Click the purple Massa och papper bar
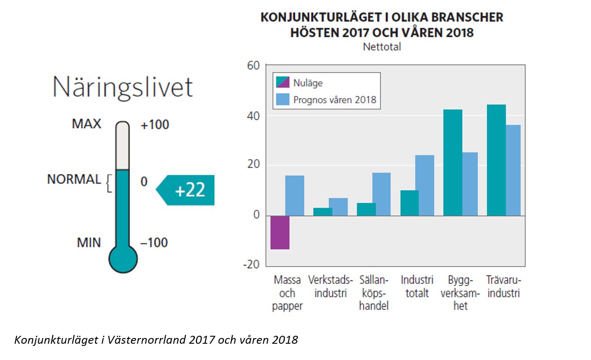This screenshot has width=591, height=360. pyautogui.click(x=280, y=232)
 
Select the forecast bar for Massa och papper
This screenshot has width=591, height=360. pyautogui.click(x=295, y=195)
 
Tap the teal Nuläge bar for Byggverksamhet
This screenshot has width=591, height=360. pyautogui.click(x=452, y=162)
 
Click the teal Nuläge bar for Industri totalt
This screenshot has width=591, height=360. pyautogui.click(x=409, y=203)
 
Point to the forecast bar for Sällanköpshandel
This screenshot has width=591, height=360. pyautogui.click(x=381, y=194)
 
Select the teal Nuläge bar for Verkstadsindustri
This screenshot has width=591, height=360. pyautogui.click(x=323, y=212)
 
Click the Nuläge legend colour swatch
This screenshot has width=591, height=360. pyautogui.click(x=283, y=82)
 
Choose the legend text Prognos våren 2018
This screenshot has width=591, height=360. pyautogui.click(x=335, y=99)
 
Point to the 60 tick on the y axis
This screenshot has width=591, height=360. pyautogui.click(x=254, y=66)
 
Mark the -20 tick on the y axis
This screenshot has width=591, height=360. pyautogui.click(x=252, y=265)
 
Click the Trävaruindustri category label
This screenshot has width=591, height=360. pyautogui.click(x=503, y=287)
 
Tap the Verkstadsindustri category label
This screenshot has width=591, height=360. pyautogui.click(x=330, y=287)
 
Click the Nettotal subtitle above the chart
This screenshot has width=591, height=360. pyautogui.click(x=382, y=47)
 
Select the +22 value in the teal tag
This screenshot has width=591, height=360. pyautogui.click(x=190, y=191)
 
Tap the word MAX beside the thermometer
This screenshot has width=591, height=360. pyautogui.click(x=86, y=124)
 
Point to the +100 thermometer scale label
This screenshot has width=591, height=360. pyautogui.click(x=155, y=125)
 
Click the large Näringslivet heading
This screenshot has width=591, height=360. pyautogui.click(x=122, y=88)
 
